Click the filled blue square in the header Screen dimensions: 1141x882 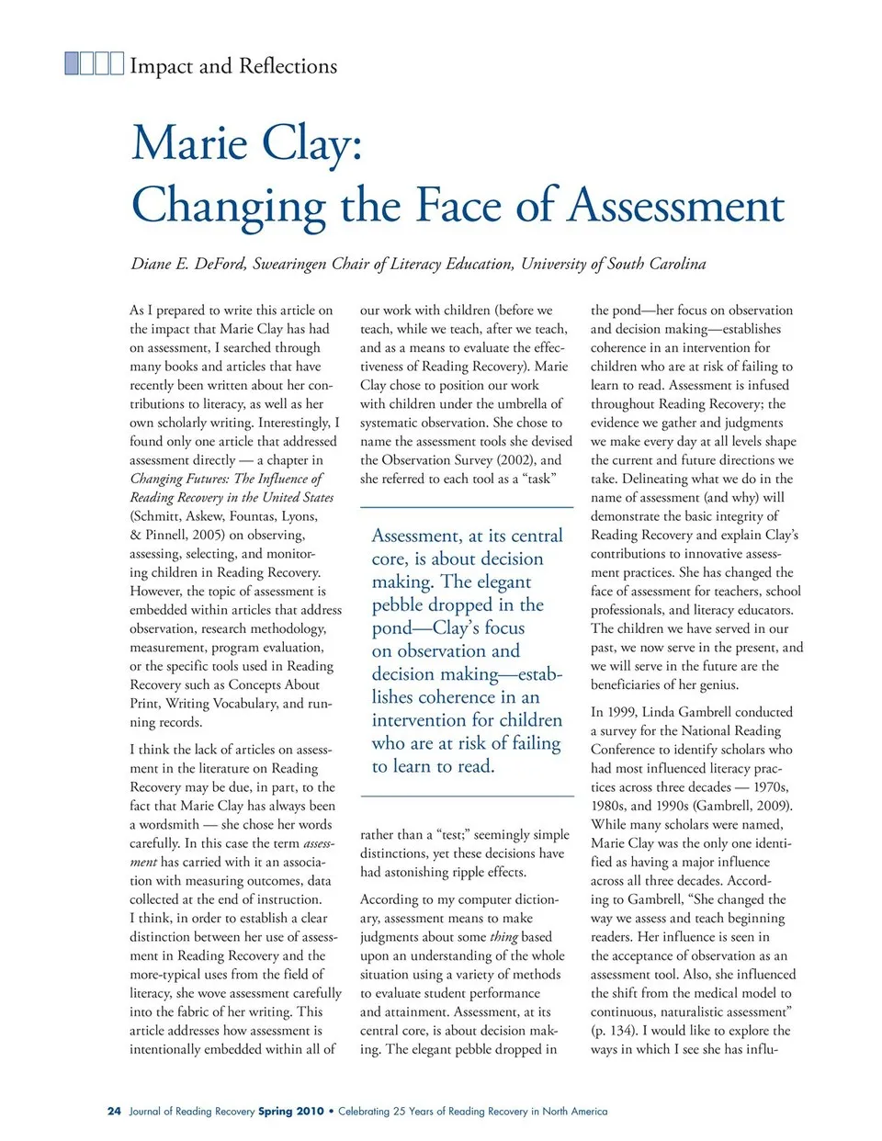tap(73, 63)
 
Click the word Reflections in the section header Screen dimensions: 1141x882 tap(288, 66)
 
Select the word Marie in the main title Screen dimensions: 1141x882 tap(189, 143)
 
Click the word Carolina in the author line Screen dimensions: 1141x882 tap(677, 265)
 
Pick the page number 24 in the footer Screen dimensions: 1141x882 tap(114, 1111)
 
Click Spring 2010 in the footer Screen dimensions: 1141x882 tap(290, 1111)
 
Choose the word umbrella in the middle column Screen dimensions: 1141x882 tap(514, 403)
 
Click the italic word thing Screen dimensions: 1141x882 tap(503, 937)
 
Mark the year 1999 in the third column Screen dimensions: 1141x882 tap(619, 712)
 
